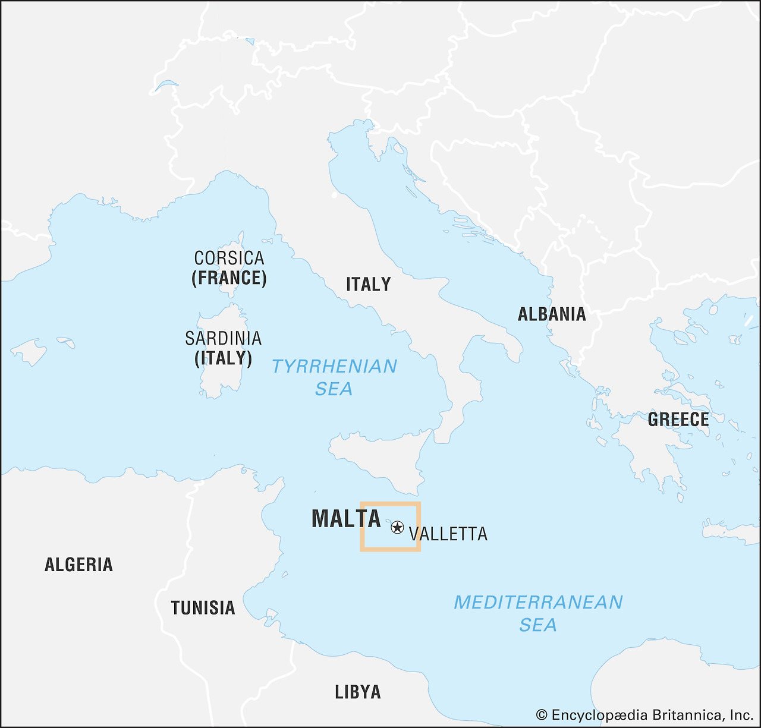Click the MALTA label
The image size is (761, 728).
tap(346, 519)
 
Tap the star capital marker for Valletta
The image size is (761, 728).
tap(397, 527)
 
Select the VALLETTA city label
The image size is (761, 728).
tap(448, 534)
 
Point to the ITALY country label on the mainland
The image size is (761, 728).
tap(369, 284)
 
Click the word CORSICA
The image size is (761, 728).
tap(229, 258)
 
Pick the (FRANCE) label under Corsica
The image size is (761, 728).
tap(229, 278)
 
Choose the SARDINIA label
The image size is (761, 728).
tap(223, 338)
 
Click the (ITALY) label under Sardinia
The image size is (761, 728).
tap(223, 358)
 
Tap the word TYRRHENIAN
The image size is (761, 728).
tap(334, 366)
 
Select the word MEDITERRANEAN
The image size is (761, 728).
tap(538, 603)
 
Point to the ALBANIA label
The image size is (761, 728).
tap(552, 314)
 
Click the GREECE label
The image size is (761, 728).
tap(678, 420)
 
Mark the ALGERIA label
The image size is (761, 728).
tap(78, 565)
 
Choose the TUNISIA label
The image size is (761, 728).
tap(203, 608)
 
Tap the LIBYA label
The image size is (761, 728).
tap(358, 692)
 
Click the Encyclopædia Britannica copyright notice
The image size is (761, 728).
tap(644, 714)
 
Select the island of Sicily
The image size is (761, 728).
tap(380, 458)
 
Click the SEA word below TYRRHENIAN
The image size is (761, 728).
tap(334, 389)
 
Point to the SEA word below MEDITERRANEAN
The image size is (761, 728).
tap(538, 625)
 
